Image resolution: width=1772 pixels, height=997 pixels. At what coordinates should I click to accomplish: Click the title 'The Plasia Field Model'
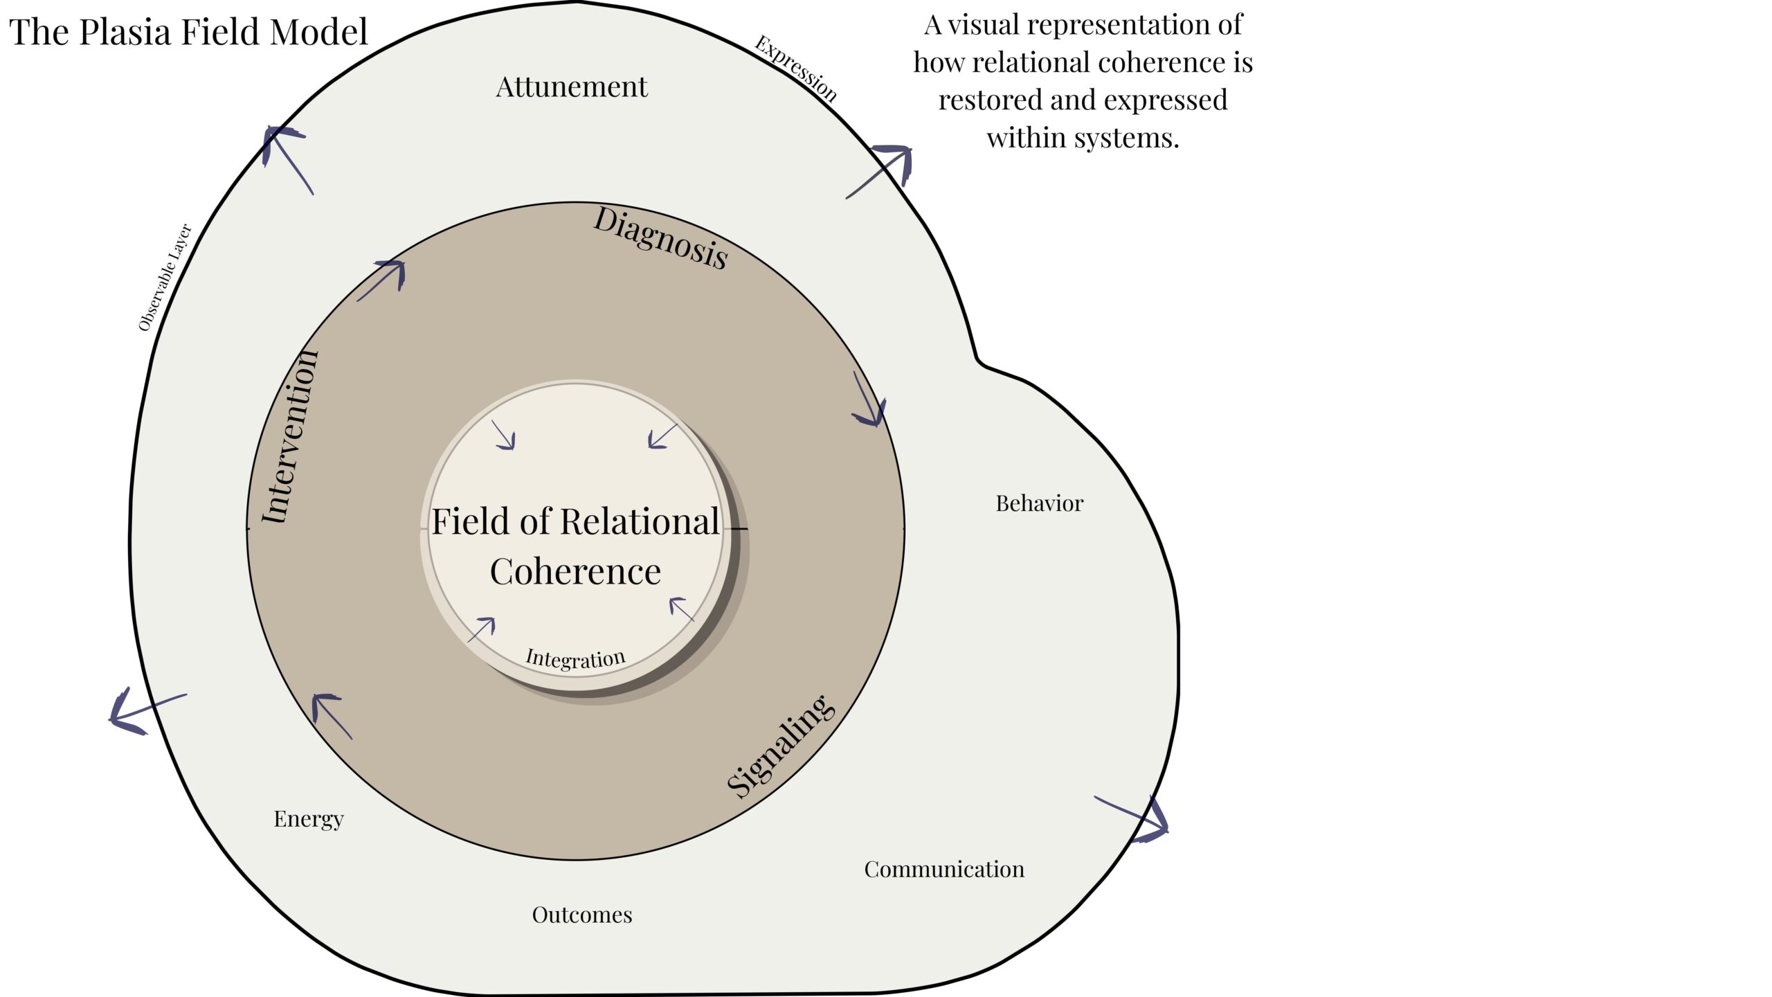coord(188,33)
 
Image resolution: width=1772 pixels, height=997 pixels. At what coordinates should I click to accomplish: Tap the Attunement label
coord(572,87)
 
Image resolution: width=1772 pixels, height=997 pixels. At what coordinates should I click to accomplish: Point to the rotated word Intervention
coord(291,438)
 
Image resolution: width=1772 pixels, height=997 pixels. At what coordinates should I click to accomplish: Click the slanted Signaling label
coord(781,746)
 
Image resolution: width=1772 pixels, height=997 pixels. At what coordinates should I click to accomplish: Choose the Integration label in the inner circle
coord(575,658)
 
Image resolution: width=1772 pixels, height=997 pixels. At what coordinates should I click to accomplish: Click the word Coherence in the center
coord(575,572)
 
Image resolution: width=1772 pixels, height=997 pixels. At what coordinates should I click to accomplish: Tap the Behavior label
coord(1039,503)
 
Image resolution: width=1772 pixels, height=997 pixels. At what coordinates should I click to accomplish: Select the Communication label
coord(944,870)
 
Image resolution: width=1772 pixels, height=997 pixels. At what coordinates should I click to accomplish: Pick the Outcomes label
coord(582,915)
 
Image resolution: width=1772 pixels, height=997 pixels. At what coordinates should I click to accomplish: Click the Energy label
coord(309,819)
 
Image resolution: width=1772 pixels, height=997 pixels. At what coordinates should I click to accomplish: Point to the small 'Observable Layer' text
coord(165,277)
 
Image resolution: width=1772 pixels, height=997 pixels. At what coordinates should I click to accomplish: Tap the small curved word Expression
coord(796,68)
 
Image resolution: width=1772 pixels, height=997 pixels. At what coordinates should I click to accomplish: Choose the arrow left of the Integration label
coord(482,629)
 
